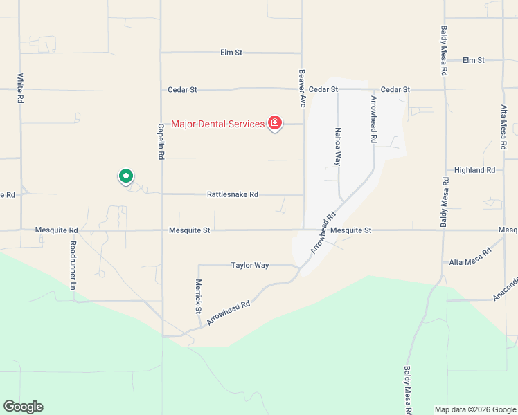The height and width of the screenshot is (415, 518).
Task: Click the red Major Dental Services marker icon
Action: (x=275, y=124)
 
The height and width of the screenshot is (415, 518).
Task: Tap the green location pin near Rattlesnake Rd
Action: (x=125, y=177)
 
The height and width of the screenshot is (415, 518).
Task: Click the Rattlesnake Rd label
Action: (x=233, y=195)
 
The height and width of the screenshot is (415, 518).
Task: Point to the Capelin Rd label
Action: (x=161, y=142)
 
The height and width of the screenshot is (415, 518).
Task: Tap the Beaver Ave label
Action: (x=302, y=88)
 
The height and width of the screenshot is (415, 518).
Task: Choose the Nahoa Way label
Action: (x=338, y=146)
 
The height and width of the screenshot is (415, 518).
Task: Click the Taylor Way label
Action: (x=249, y=265)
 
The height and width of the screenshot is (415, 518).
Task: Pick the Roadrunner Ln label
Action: (x=72, y=265)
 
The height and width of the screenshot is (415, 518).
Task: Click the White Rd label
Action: (x=20, y=89)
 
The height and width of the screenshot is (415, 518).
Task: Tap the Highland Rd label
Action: (x=474, y=170)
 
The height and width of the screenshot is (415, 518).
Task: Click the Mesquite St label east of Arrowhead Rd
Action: (x=351, y=230)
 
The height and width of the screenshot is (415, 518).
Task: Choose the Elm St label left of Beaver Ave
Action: (x=231, y=53)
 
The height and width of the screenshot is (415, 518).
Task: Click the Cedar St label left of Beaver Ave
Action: (x=183, y=90)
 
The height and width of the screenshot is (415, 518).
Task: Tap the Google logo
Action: (x=23, y=407)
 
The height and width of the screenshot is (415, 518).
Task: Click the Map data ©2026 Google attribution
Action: (x=474, y=409)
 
